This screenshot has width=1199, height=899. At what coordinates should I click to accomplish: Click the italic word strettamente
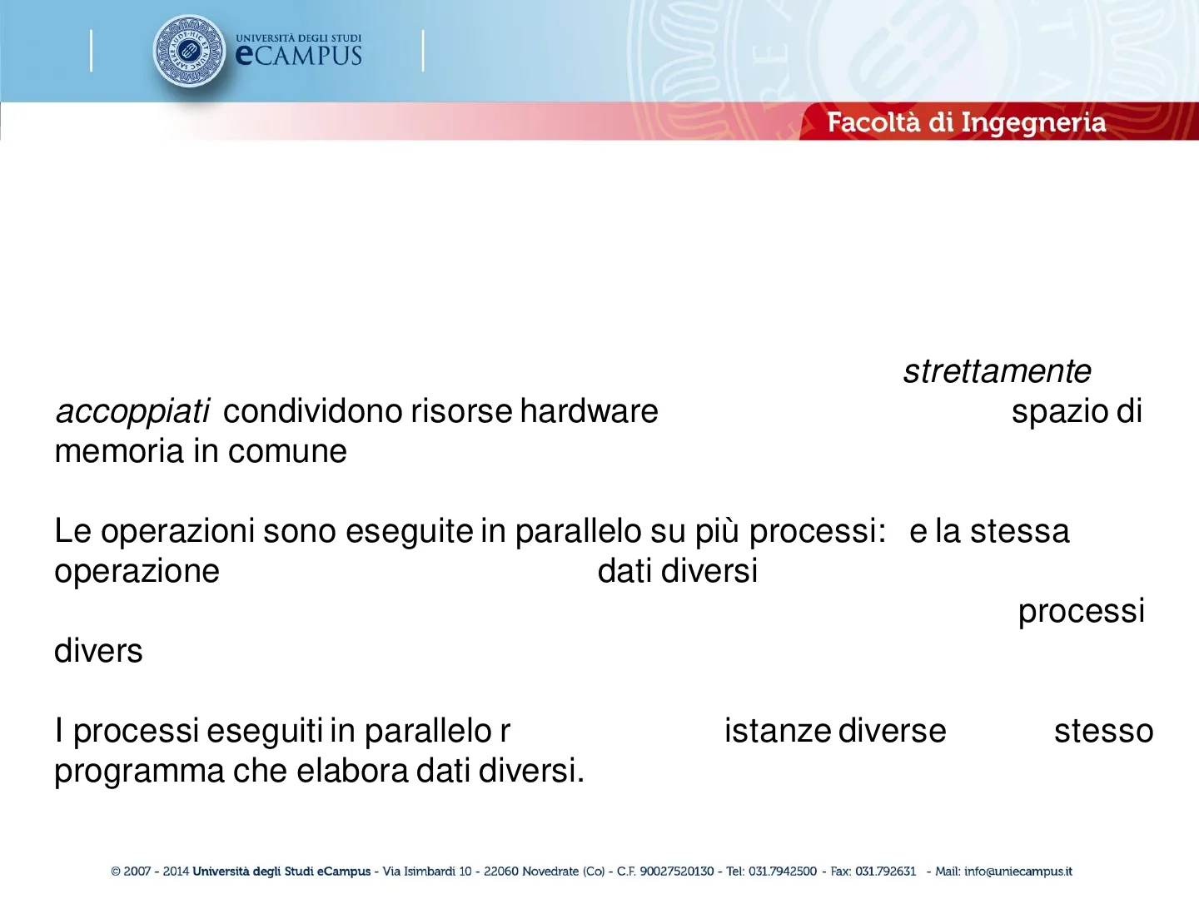click(997, 372)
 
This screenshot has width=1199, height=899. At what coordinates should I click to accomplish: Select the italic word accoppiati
click(132, 411)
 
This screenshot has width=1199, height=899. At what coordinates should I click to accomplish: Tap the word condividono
click(313, 411)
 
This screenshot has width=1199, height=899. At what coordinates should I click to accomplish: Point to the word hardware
click(589, 411)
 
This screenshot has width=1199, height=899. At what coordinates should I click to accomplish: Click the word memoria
click(119, 451)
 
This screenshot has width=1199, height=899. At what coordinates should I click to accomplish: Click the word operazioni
click(177, 532)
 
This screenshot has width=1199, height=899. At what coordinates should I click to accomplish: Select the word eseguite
click(409, 532)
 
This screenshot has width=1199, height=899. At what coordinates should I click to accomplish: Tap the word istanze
click(778, 732)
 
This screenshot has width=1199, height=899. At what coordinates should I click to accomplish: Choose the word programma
click(139, 772)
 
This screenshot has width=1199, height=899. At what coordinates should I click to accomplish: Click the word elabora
click(352, 772)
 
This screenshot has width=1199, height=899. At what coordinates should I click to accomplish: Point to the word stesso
click(1103, 732)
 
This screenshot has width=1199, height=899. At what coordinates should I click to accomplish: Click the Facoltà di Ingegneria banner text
click(967, 122)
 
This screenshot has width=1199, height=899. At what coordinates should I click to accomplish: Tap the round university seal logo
click(189, 51)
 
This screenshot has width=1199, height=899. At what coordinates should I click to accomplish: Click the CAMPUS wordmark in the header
click(299, 55)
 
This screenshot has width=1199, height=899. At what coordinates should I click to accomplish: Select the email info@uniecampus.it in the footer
click(1018, 872)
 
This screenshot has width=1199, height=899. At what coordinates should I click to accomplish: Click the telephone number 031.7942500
click(783, 872)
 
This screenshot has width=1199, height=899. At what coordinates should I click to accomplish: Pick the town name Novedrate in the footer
click(550, 872)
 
